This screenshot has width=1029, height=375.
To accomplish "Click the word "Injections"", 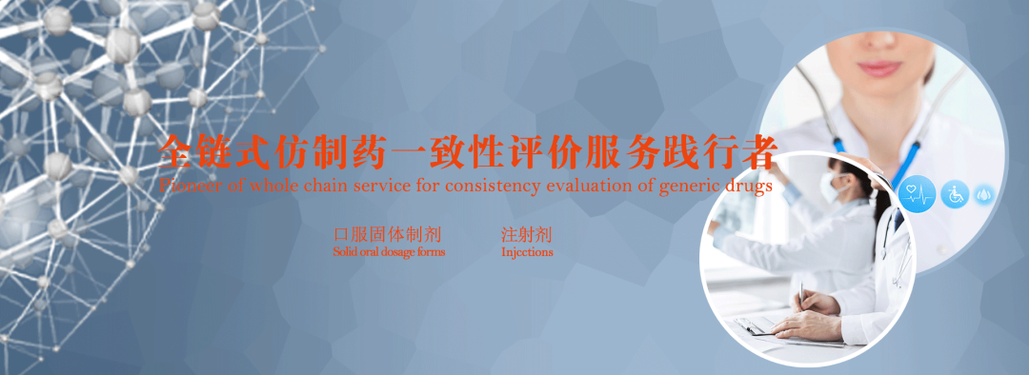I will pyautogui.click(x=527, y=253).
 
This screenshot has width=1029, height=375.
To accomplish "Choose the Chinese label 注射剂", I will pyautogui.click(x=527, y=234).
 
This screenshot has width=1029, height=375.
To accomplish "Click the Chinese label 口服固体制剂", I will pyautogui.click(x=388, y=234).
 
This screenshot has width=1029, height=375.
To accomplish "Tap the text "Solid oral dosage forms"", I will pyautogui.click(x=389, y=253).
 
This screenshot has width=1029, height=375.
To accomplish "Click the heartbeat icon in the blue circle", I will pyautogui.click(x=917, y=194).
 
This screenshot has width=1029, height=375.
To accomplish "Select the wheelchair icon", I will pyautogui.click(x=955, y=194).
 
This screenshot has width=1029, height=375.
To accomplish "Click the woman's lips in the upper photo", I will pyautogui.click(x=878, y=69).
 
